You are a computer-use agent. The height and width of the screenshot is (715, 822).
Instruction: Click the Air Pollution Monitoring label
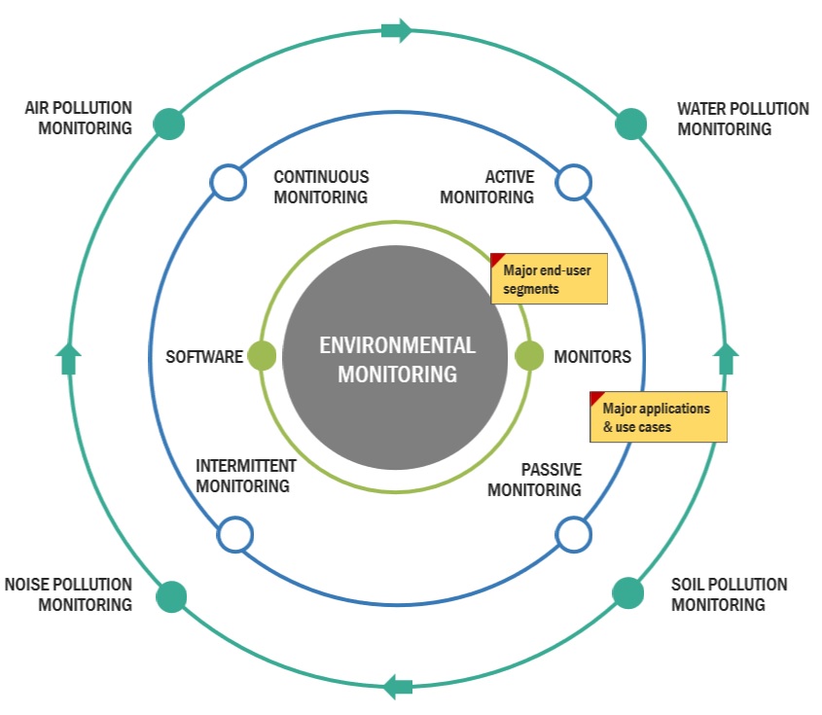pos(79,118)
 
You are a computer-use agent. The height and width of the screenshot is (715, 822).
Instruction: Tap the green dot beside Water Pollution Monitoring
pos(631,124)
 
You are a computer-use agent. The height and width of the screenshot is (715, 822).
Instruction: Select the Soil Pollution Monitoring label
pos(729,594)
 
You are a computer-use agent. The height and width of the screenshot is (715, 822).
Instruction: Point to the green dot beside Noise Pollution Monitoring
pos(171,595)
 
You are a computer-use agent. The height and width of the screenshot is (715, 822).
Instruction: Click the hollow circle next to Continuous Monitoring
pos(228,182)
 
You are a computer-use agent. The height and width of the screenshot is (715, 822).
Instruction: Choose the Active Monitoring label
pos(487,187)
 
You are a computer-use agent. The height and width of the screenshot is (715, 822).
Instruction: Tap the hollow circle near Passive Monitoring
pos(573,533)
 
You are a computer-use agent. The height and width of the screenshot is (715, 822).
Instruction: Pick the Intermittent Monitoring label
pos(245,475)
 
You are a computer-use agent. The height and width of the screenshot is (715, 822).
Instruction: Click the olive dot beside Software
pos(263,356)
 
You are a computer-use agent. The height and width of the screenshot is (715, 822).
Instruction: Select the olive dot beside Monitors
pos(529,356)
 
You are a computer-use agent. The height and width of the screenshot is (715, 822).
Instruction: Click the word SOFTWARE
pos(204,357)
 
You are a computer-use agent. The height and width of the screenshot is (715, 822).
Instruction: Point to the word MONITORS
pos(592,357)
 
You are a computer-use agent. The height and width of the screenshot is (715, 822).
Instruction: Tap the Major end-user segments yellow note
pos(550,279)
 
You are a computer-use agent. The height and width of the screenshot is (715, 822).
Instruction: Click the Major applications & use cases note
pos(659,417)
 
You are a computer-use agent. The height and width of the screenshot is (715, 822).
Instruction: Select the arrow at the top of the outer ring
pos(397,30)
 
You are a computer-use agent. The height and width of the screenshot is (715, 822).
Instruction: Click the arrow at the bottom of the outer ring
pos(398,687)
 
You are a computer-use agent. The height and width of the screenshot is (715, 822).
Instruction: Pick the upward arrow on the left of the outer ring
pos(67,359)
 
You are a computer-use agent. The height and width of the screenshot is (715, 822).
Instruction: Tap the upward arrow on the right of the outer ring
pos(726,358)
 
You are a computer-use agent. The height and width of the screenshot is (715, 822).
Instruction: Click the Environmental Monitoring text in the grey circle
pos(397,359)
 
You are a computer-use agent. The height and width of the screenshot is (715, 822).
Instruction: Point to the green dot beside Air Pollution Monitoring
pos(169,124)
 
